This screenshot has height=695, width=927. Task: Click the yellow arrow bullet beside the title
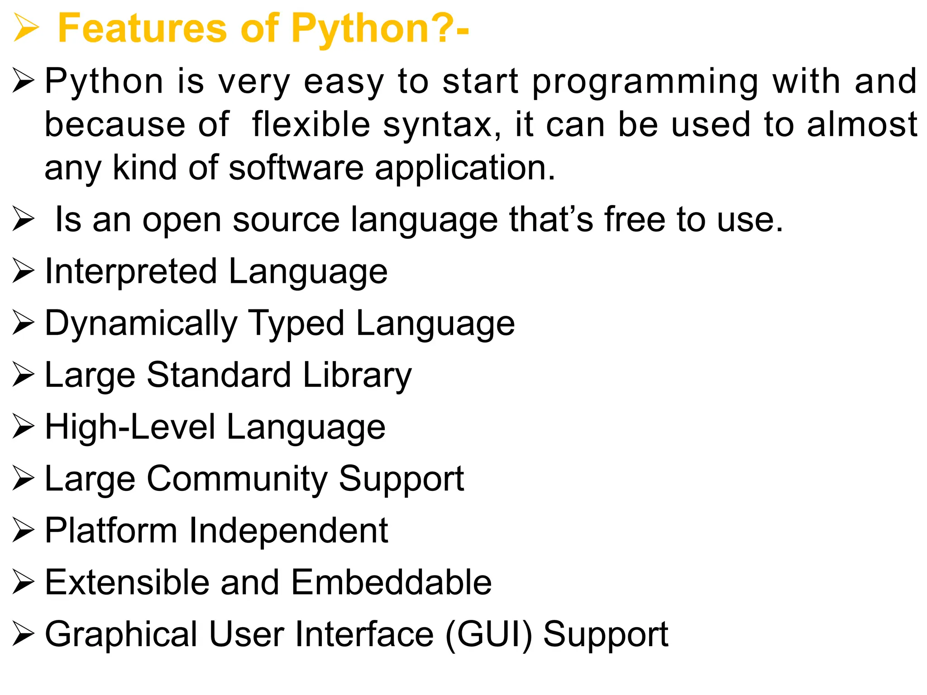25,28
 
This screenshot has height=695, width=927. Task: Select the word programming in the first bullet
645,82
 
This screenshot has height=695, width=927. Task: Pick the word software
296,167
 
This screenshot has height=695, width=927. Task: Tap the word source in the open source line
286,220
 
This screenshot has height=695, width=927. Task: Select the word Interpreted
131,272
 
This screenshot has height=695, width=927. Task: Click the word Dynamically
141,324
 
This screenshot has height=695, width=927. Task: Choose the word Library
357,376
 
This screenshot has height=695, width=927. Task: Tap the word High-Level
130,428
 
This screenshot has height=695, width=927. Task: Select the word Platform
111,530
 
